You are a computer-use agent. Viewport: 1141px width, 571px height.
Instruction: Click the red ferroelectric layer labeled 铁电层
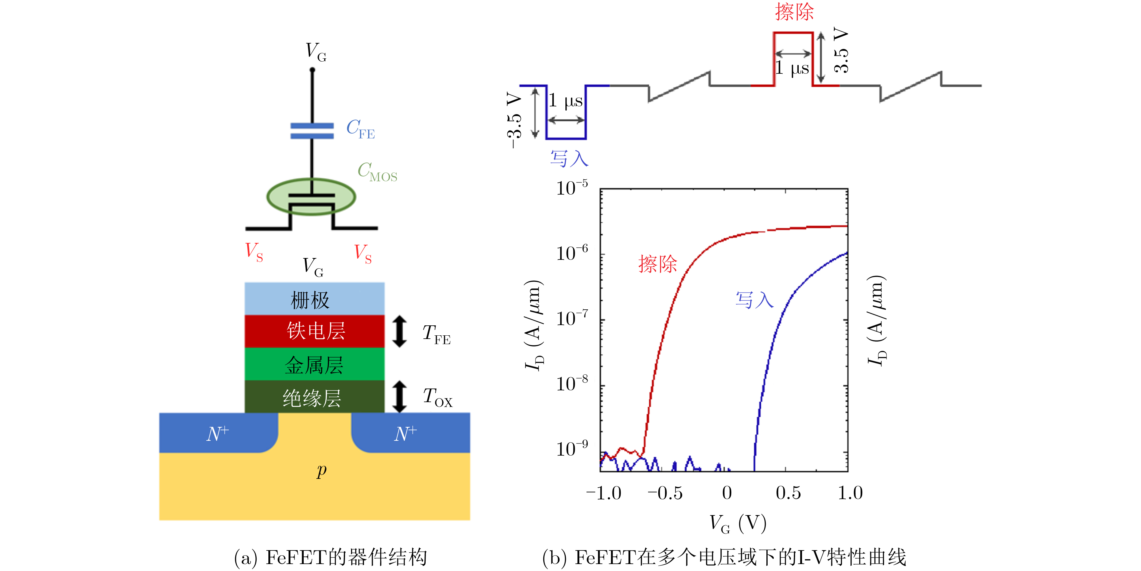click(315, 331)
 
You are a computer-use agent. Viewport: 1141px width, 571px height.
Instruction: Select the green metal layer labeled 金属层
click(315, 364)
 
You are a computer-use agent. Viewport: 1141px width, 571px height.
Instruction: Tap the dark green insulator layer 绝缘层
click(315, 397)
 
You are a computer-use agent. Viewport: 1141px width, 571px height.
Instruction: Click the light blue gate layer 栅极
click(315, 299)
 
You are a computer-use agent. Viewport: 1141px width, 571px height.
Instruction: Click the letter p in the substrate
click(321, 471)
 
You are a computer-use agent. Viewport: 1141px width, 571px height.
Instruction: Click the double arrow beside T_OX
click(400, 397)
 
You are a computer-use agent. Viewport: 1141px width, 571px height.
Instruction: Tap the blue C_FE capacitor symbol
click(312, 131)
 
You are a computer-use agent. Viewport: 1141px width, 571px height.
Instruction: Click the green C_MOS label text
click(377, 172)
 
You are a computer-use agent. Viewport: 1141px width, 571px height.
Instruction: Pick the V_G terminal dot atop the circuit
click(312, 69)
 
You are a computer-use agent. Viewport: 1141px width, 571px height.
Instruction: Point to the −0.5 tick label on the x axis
click(665, 493)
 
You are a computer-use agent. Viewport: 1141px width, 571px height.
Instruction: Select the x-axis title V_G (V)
click(738, 524)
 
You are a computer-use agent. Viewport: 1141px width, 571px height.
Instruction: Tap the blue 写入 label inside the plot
click(754, 300)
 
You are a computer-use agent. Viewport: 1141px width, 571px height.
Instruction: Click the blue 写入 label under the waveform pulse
click(569, 158)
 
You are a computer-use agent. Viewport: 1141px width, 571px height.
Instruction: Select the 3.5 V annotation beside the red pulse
click(841, 50)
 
